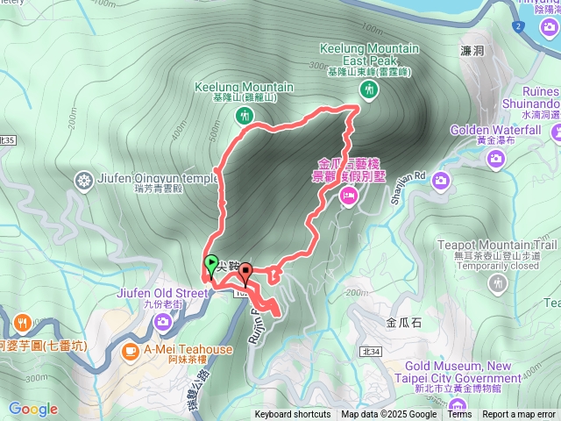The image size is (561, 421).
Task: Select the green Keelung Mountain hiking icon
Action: tap(244, 115)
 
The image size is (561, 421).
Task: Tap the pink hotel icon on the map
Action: tap(348, 199)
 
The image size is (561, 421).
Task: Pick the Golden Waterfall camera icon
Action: tap(496, 158)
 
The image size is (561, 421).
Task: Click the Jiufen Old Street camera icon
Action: tap(163, 323)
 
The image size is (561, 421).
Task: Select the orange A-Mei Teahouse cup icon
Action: tap(130, 352)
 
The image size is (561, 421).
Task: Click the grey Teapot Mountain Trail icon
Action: tap(498, 282)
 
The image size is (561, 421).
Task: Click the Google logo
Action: tap(32, 409)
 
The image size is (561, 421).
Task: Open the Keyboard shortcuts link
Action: tap(293, 415)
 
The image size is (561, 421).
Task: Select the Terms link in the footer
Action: tap(459, 415)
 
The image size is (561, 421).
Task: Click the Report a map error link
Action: tap(519, 415)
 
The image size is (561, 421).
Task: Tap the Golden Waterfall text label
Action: tap(496, 130)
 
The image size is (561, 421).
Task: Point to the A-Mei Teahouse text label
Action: tap(188, 349)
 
